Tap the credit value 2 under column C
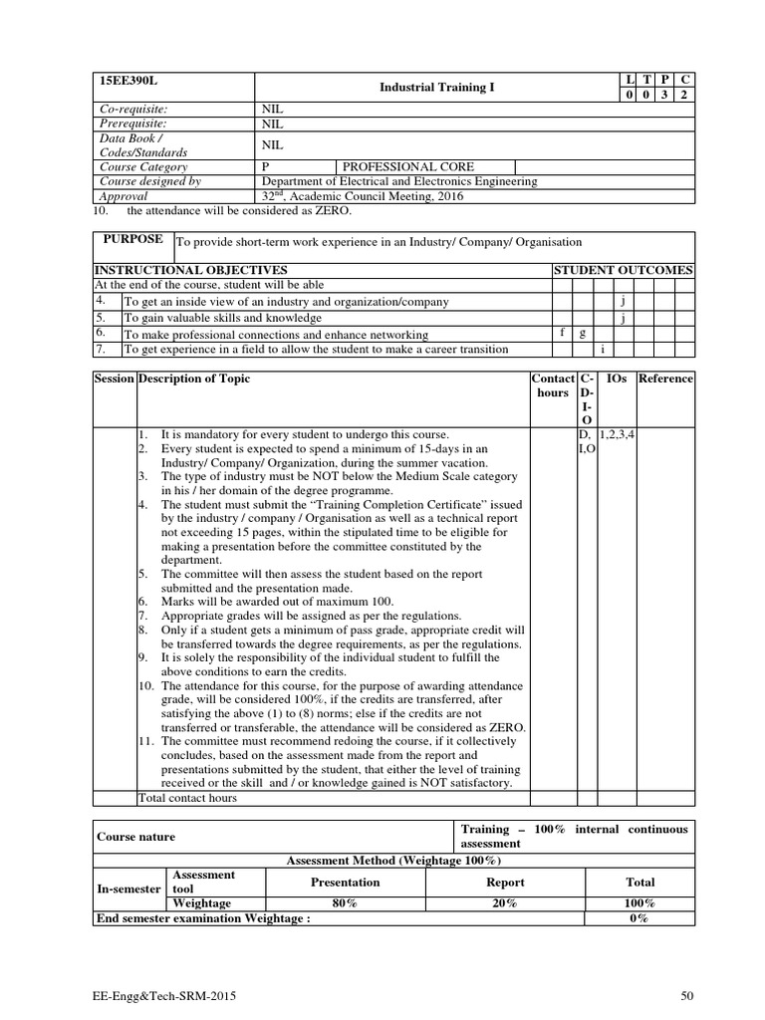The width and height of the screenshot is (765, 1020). click(x=683, y=95)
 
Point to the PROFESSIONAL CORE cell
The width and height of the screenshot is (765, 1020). click(x=408, y=167)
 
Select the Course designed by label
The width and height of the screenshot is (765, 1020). click(x=150, y=181)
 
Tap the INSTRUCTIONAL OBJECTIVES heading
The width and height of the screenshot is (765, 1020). click(x=190, y=270)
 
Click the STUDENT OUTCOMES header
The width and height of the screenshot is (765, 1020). click(x=624, y=270)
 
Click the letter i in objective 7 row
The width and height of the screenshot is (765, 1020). click(x=604, y=349)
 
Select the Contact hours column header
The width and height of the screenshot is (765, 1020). click(x=553, y=385)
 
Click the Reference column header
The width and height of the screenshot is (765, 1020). click(x=665, y=379)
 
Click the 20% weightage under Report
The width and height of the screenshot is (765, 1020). click(x=505, y=902)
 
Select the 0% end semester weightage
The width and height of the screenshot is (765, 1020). click(x=639, y=918)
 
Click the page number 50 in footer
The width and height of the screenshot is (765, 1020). click(x=686, y=994)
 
